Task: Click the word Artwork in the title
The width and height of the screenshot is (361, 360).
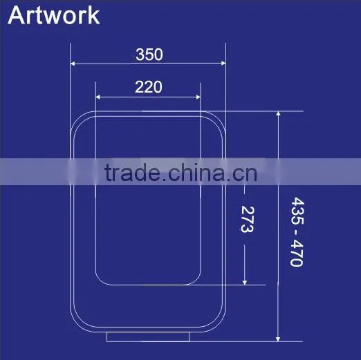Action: coord(54,15)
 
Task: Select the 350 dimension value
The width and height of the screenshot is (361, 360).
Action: coord(149,55)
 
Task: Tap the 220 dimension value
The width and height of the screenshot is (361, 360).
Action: coord(149,87)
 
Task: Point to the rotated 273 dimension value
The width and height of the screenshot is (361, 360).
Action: coord(248,219)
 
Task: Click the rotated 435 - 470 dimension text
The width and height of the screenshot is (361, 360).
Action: coord(297,231)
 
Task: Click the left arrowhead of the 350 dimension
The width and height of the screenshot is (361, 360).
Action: coord(72,64)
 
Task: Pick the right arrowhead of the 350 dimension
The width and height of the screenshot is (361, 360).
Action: coord(223,63)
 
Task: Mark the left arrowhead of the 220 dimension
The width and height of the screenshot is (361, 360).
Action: coord(98,97)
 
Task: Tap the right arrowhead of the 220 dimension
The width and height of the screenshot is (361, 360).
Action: coord(198,97)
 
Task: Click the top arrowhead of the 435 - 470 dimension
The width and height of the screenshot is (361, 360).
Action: coord(278,113)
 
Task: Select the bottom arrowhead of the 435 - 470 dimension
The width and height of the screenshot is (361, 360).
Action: coord(278,339)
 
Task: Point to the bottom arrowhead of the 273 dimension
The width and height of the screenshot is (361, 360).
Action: coord(245,283)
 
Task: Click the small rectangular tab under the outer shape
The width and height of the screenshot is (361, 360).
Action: coord(148,337)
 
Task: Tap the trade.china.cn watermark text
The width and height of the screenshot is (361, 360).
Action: coord(180,172)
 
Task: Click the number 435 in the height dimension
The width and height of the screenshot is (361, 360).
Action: coord(297,211)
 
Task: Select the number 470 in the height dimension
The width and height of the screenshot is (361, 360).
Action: coord(297,253)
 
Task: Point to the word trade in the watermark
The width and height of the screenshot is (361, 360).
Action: coord(131,172)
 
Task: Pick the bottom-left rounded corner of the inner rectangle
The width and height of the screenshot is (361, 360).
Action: coord(100,281)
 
